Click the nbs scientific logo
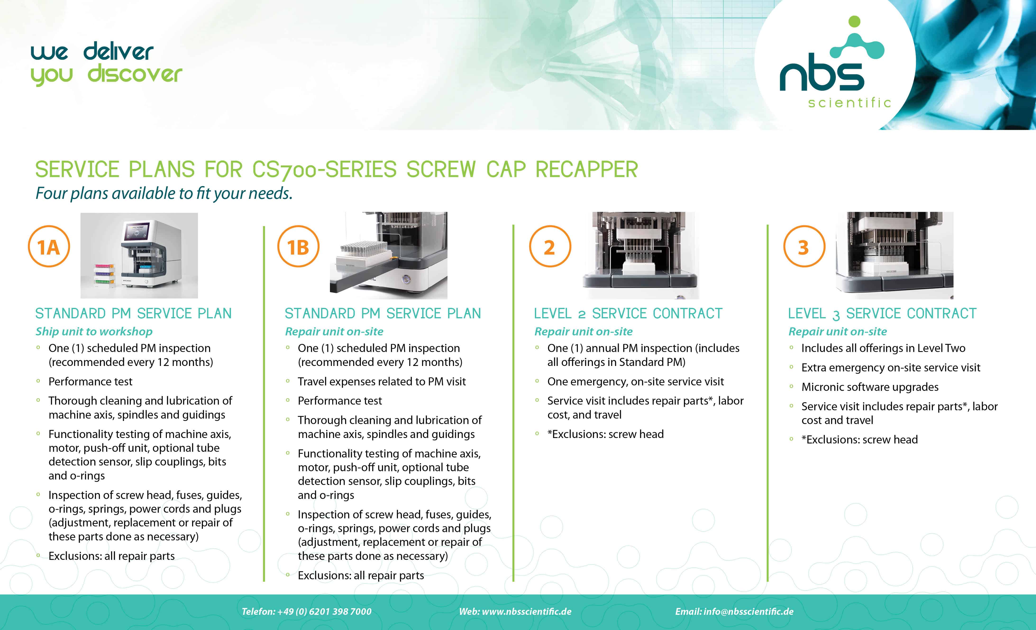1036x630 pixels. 834,63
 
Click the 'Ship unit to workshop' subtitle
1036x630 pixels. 94,331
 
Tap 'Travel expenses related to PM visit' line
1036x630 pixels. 382,381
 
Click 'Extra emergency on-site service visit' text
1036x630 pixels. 890,368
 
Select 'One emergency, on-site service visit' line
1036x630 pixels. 635,381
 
